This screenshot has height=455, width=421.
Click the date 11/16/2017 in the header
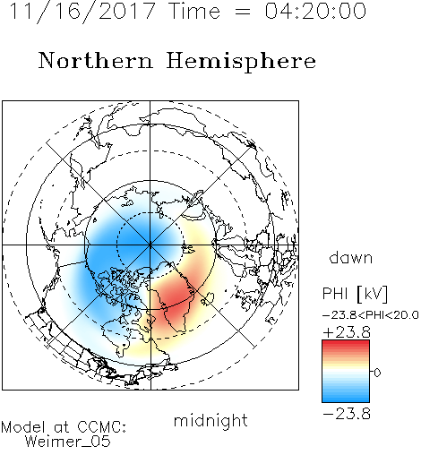[x=82, y=12]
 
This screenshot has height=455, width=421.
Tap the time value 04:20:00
[x=315, y=11]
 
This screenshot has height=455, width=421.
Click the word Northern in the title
[x=96, y=60]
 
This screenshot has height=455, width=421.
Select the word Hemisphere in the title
[x=241, y=62]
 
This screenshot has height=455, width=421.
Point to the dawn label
[x=351, y=257]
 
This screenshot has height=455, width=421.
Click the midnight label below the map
[x=210, y=420]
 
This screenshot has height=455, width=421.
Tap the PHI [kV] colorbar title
[x=355, y=294]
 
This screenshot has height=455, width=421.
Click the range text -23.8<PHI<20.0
[x=371, y=314]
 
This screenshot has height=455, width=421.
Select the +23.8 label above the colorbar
[x=347, y=332]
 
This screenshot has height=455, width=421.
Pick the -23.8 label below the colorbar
[x=347, y=414]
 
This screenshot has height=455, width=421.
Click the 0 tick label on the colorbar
[x=377, y=373]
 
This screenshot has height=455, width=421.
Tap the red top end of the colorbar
[x=346, y=343]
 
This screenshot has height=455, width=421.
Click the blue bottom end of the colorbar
[x=346, y=399]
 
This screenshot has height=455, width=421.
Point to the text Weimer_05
[x=68, y=442]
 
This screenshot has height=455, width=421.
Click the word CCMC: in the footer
[x=102, y=427]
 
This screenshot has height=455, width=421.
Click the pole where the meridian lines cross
[x=150, y=245]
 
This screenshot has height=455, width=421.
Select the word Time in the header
[x=194, y=11]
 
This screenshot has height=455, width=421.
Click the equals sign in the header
[x=242, y=12]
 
